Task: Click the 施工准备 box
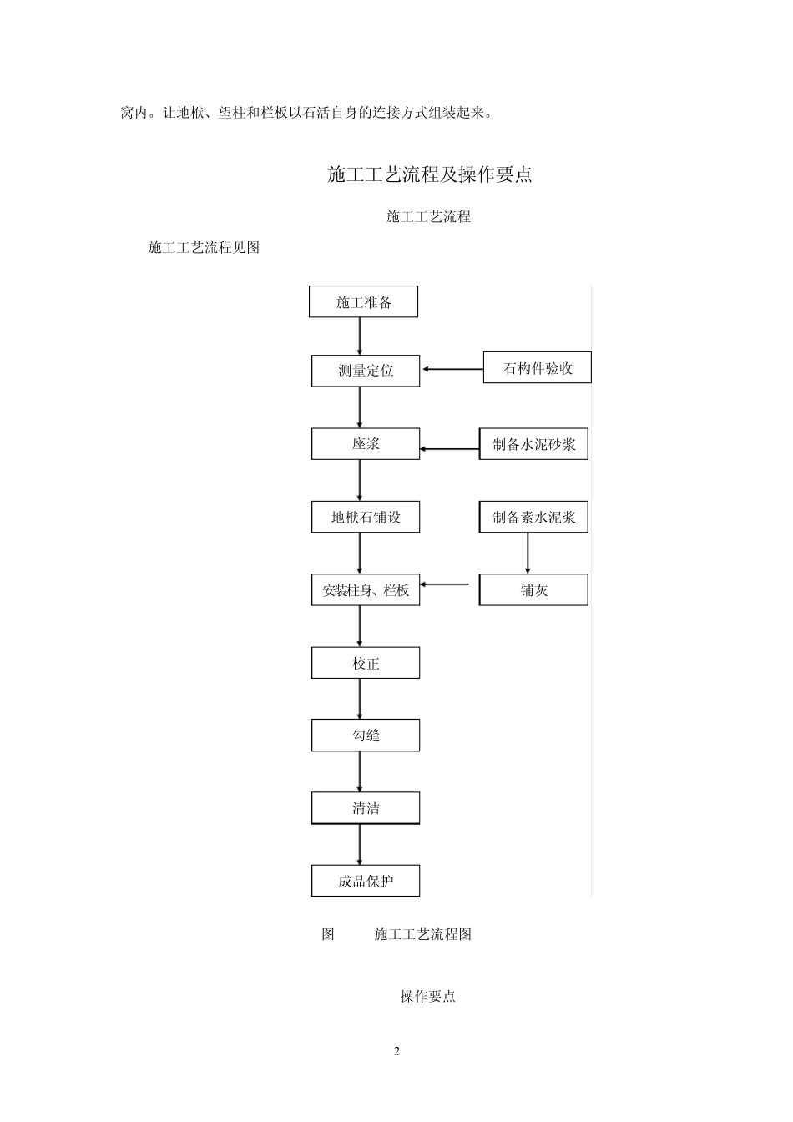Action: (363, 302)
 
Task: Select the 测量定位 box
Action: (366, 371)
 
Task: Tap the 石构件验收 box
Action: (538, 368)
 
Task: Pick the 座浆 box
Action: (366, 444)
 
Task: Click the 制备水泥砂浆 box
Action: (533, 444)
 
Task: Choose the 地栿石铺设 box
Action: (366, 518)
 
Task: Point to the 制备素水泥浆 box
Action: (533, 518)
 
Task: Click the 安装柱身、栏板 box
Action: (366, 590)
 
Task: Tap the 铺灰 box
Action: (533, 590)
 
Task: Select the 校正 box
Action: (366, 664)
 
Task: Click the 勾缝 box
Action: (366, 735)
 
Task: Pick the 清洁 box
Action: (366, 808)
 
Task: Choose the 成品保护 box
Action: (366, 881)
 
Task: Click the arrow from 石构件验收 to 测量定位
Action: (452, 369)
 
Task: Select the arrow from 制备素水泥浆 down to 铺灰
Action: (528, 553)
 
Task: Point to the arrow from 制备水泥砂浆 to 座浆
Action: (449, 449)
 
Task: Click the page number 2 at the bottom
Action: (397, 1051)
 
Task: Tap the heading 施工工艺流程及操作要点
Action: (430, 174)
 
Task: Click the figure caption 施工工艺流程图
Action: (423, 934)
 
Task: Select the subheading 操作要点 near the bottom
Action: (427, 996)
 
